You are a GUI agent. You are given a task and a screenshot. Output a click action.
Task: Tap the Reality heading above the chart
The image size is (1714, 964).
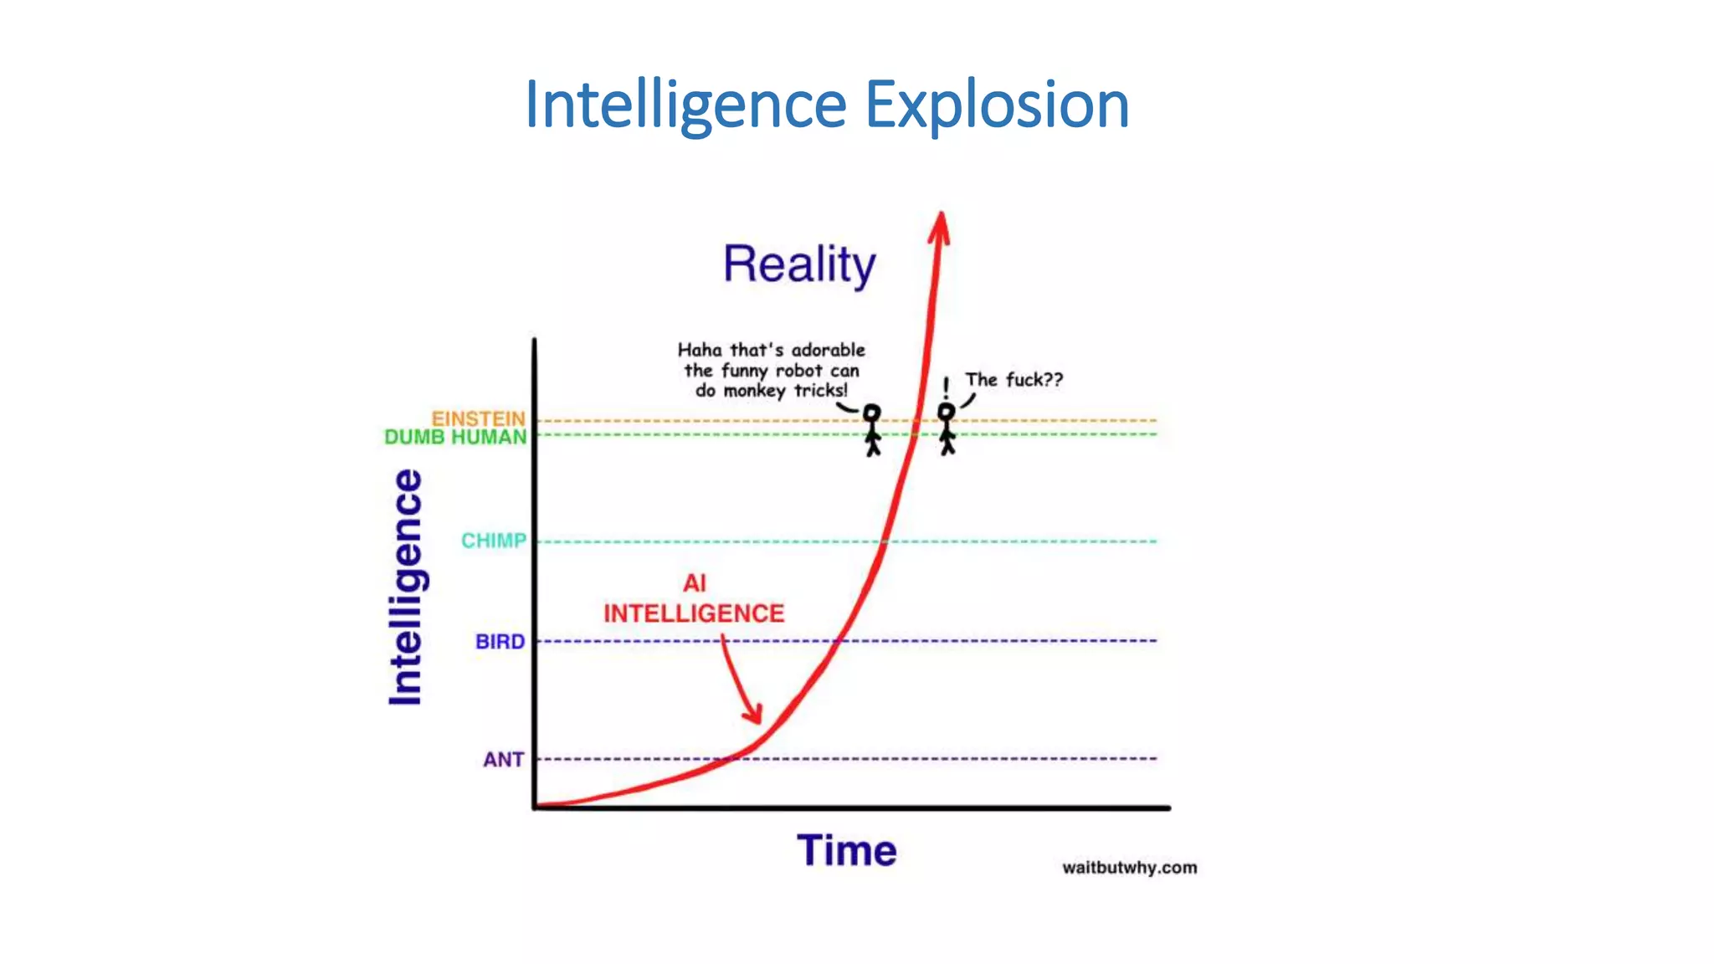coord(799,264)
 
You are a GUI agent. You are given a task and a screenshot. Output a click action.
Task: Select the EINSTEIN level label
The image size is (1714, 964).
coord(478,418)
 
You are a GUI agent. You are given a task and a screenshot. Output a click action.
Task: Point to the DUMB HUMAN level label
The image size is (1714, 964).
coord(455,437)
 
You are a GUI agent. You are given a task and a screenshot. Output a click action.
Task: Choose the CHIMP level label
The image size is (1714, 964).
coord(494,541)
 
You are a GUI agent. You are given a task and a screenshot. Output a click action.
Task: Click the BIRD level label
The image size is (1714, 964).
coord(500,642)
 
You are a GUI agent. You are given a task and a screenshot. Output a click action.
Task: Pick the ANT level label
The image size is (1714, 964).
coord(503,760)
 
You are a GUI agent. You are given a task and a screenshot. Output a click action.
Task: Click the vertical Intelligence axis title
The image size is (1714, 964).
coord(406,587)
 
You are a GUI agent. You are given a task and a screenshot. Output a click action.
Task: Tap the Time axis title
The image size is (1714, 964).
coord(846,851)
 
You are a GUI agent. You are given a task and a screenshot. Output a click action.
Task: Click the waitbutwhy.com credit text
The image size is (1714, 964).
coord(1129,868)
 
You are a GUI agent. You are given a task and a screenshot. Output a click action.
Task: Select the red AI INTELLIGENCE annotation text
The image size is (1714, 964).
coord(694,599)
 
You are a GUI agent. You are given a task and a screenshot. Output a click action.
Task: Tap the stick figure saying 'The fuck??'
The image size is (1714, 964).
coord(947,429)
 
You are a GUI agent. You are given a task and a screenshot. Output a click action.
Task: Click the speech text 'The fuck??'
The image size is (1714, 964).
coord(1014,380)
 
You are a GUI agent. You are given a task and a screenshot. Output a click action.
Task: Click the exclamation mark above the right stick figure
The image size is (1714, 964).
coord(946,387)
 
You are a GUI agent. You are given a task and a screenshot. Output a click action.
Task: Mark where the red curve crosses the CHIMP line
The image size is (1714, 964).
coord(884,541)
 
